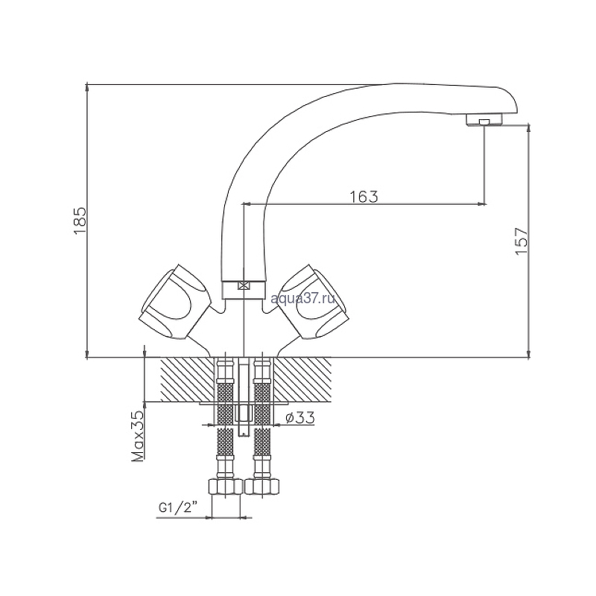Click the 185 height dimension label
(80, 221)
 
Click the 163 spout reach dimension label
(364, 197)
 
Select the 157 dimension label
(521, 241)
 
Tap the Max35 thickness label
(138, 436)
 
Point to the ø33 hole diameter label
(300, 418)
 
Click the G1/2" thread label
(178, 508)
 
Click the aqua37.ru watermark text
(303, 299)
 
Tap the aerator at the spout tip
(484, 120)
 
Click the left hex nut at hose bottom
(226, 486)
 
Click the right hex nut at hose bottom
(262, 486)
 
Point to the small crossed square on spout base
(244, 285)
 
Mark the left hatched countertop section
(187, 379)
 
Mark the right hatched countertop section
(302, 379)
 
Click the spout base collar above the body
(243, 290)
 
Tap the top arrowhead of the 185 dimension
(87, 87)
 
